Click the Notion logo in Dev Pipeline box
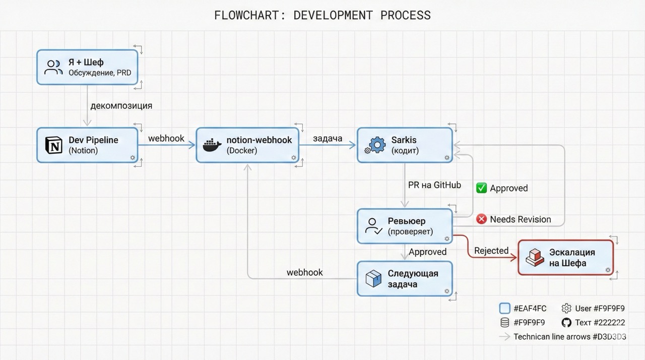point(53,145)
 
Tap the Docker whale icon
point(212,145)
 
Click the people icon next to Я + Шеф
point(53,67)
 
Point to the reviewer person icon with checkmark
point(373,226)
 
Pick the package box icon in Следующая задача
point(373,278)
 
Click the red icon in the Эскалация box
point(534,257)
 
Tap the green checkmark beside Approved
point(482,188)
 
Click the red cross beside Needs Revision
point(482,219)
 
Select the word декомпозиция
point(121,106)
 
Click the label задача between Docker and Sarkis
point(328,138)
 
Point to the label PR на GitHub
point(434,185)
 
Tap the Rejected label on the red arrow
point(491,251)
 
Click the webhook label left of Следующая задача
point(305,272)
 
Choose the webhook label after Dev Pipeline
point(166,138)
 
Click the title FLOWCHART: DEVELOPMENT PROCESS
point(322,15)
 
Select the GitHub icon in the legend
point(566,323)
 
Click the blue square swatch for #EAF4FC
point(504,309)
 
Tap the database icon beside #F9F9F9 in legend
point(504,323)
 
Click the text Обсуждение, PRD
point(100,73)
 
